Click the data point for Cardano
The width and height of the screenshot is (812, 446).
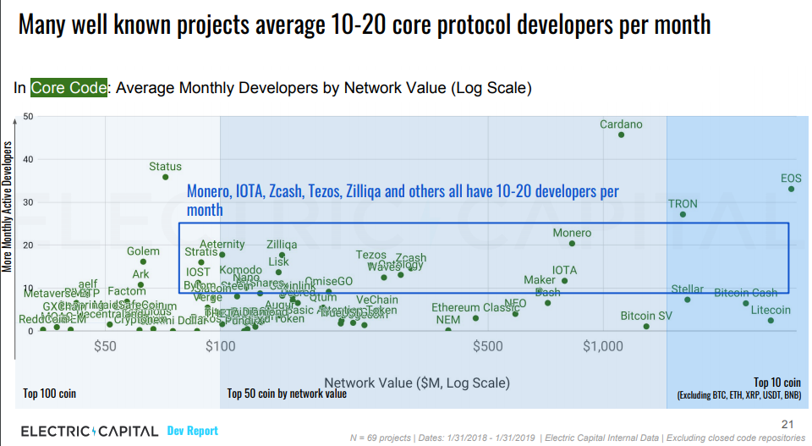click(621, 135)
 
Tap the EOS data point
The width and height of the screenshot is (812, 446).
click(792, 189)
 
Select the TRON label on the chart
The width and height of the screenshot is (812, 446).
click(683, 204)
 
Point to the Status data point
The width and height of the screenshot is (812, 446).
click(165, 177)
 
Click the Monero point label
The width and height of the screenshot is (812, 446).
click(572, 233)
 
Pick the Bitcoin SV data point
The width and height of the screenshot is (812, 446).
click(646, 327)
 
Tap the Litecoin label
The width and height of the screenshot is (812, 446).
click(771, 310)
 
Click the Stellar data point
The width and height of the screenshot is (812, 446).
click(688, 300)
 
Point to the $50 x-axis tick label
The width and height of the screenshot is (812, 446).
click(105, 345)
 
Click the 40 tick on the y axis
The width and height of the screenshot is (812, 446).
click(27, 159)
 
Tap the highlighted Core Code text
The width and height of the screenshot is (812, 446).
click(69, 87)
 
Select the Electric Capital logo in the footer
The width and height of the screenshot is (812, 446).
click(88, 432)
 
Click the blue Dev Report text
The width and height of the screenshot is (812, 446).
click(192, 431)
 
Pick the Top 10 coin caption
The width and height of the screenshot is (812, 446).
click(776, 383)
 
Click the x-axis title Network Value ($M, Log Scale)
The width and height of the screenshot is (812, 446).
click(417, 383)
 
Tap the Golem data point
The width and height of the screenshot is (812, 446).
click(143, 262)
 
